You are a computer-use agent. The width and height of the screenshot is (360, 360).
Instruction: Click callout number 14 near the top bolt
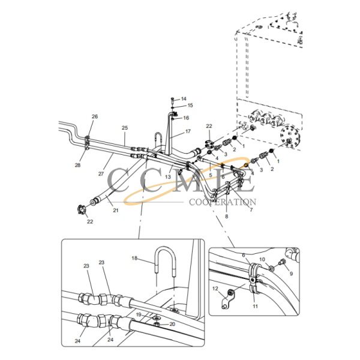click(x=184, y=98)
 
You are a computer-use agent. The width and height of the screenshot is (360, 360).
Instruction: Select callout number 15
click(x=190, y=105)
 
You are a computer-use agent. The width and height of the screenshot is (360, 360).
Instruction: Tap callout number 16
click(x=186, y=118)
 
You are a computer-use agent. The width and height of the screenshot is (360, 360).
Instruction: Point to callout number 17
click(x=187, y=131)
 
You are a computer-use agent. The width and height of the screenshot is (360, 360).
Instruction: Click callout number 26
click(x=94, y=116)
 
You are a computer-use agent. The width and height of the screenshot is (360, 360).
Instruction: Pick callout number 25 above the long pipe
click(x=125, y=128)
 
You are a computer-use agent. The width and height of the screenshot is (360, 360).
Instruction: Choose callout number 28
click(x=77, y=165)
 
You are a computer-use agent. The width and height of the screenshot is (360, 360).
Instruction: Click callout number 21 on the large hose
click(x=116, y=211)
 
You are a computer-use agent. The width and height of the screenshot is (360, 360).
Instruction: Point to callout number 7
click(x=251, y=210)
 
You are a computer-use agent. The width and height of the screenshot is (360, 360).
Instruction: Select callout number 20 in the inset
click(x=172, y=325)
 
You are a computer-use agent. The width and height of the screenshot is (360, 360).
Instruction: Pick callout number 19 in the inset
click(x=139, y=314)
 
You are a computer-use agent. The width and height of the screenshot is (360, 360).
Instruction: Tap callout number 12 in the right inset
click(x=214, y=289)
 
